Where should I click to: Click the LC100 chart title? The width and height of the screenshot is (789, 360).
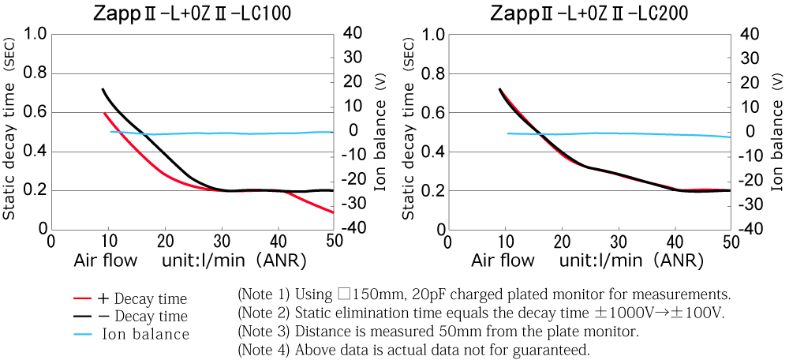pyautogui.click(x=192, y=13)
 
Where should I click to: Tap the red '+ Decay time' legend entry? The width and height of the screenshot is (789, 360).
pyautogui.click(x=142, y=298)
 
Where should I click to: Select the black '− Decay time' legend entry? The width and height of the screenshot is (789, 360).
pyautogui.click(x=142, y=317)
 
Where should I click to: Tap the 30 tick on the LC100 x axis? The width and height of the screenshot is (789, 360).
pyautogui.click(x=222, y=241)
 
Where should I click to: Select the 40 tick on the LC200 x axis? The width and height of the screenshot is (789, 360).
pyautogui.click(x=675, y=241)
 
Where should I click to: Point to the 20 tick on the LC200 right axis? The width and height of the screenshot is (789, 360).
pyautogui.click(x=750, y=83)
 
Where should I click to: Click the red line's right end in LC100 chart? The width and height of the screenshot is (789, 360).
pyautogui.click(x=333, y=212)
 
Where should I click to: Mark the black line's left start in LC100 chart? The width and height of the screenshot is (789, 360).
pyautogui.click(x=103, y=89)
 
